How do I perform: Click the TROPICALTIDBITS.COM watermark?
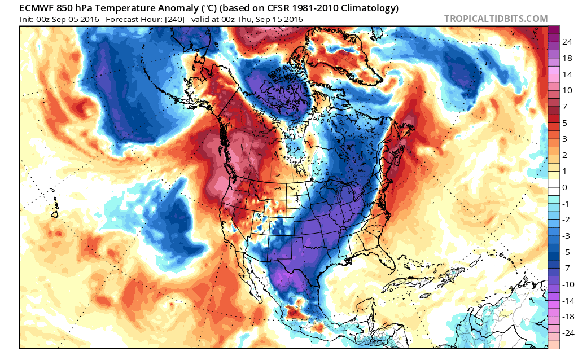coord(496,19)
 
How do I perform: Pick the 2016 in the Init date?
coord(90,19)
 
